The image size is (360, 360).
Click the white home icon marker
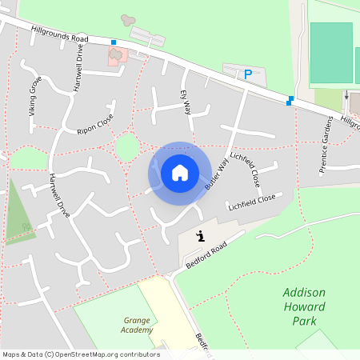[180, 172]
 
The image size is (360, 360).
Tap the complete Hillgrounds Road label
[60, 33]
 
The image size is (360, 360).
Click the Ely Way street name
[186, 102]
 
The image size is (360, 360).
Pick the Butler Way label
[217, 173]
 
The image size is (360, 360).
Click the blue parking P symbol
[248, 74]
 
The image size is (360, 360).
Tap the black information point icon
[200, 235]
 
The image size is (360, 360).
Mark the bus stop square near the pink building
[114, 42]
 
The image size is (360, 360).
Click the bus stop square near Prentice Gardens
[290, 101]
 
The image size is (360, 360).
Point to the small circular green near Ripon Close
[126, 147]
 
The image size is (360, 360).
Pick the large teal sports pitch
[330, 53]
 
